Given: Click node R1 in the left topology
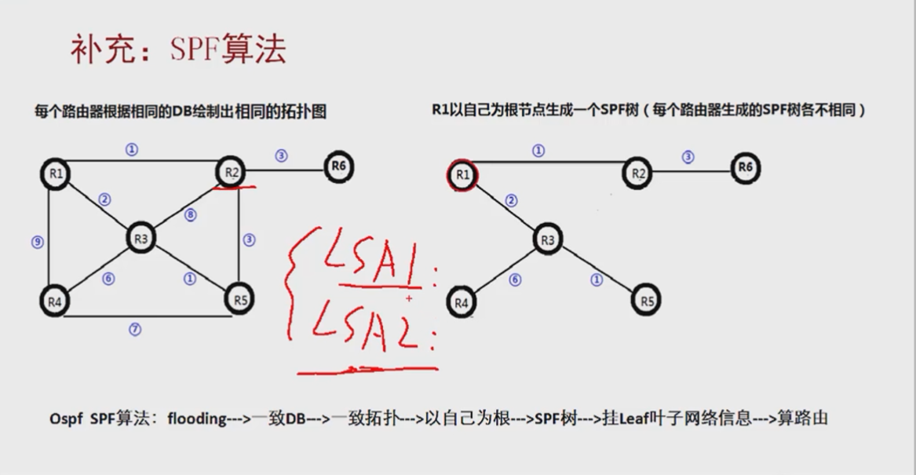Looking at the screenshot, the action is pos(55,174).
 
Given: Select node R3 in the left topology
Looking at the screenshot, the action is pos(141,239).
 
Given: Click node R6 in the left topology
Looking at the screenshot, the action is pos(338,166).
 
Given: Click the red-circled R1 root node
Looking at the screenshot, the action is pos(461,174).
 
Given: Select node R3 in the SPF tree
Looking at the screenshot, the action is pos(547,239).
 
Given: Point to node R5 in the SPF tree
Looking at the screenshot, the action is pos(646,301).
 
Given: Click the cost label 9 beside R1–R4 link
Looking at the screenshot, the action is pos(37,243).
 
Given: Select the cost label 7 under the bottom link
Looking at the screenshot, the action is pos(135,330).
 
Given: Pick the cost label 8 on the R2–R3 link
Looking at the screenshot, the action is pos(190,214).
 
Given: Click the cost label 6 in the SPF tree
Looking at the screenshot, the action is pos(515,280).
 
